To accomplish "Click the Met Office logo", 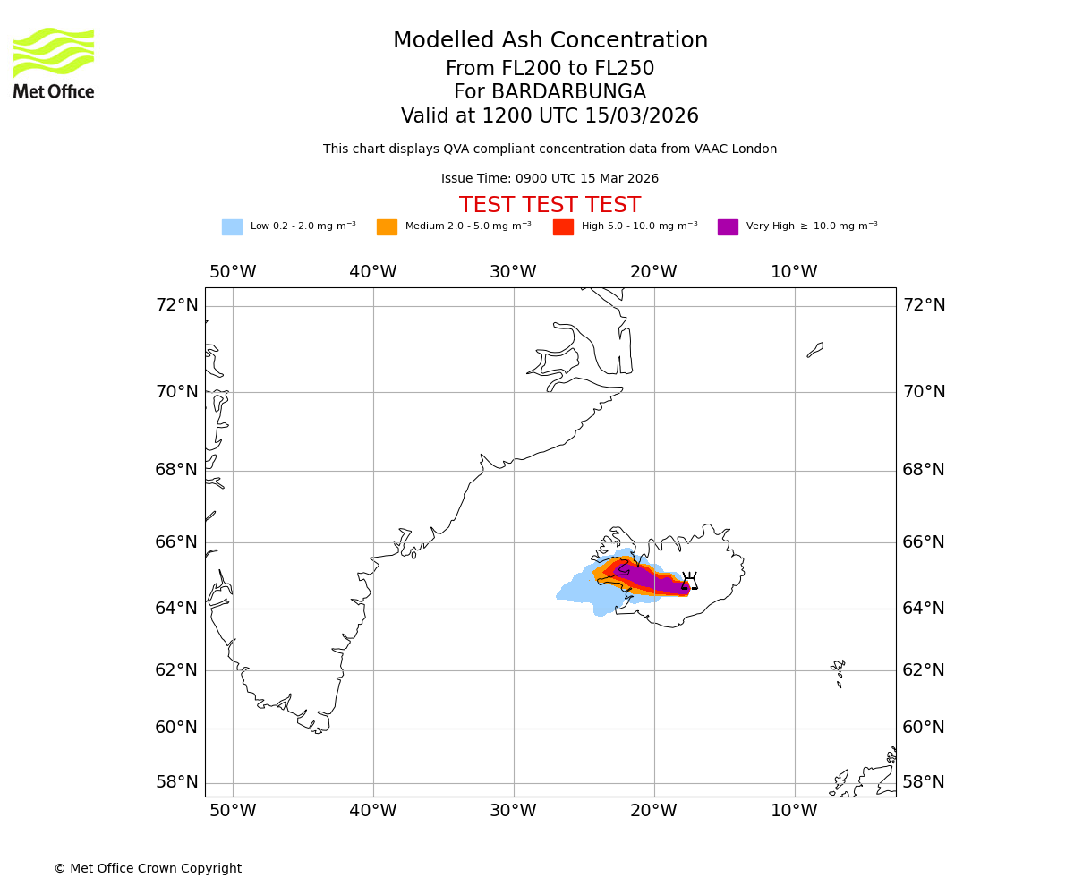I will pyautogui.click(x=54, y=63).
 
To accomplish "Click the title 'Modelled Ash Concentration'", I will pyautogui.click(x=550, y=41).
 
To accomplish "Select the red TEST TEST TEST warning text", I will pyautogui.click(x=550, y=205).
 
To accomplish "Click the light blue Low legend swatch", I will pyautogui.click(x=232, y=226).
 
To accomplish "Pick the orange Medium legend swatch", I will pyautogui.click(x=387, y=226).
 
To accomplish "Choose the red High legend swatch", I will pyautogui.click(x=563, y=226).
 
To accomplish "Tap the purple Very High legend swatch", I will pyautogui.click(x=728, y=226).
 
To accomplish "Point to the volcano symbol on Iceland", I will pyautogui.click(x=689, y=581).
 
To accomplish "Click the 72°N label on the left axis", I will pyautogui.click(x=177, y=305).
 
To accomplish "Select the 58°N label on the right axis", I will pyautogui.click(x=923, y=782).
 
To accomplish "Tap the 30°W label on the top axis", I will pyautogui.click(x=513, y=272).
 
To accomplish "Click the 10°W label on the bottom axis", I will pyautogui.click(x=794, y=811).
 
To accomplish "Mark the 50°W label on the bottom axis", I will pyautogui.click(x=233, y=811).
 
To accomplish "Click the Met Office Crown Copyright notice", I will pyautogui.click(x=148, y=868).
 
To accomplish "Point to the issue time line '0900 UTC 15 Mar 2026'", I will pyautogui.click(x=550, y=178).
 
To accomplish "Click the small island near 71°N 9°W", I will pyautogui.click(x=814, y=350).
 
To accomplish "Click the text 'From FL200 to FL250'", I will pyautogui.click(x=550, y=69).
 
